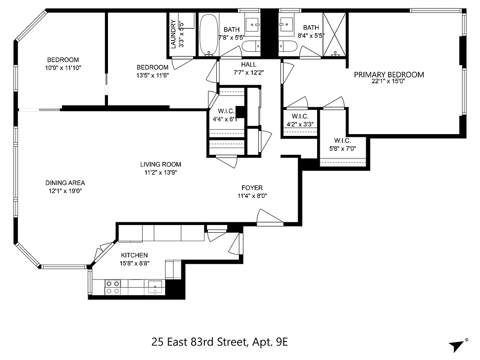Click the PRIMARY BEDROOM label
[x=389, y=75]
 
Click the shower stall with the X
[x=334, y=34]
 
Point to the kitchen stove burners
[x=112, y=287]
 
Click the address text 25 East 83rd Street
[x=198, y=342]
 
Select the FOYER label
[x=252, y=188]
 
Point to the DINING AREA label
[x=65, y=183]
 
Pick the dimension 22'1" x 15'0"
[x=389, y=82]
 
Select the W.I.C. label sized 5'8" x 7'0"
[x=342, y=140]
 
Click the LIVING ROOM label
[x=161, y=164]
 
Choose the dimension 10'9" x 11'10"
[x=63, y=67]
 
